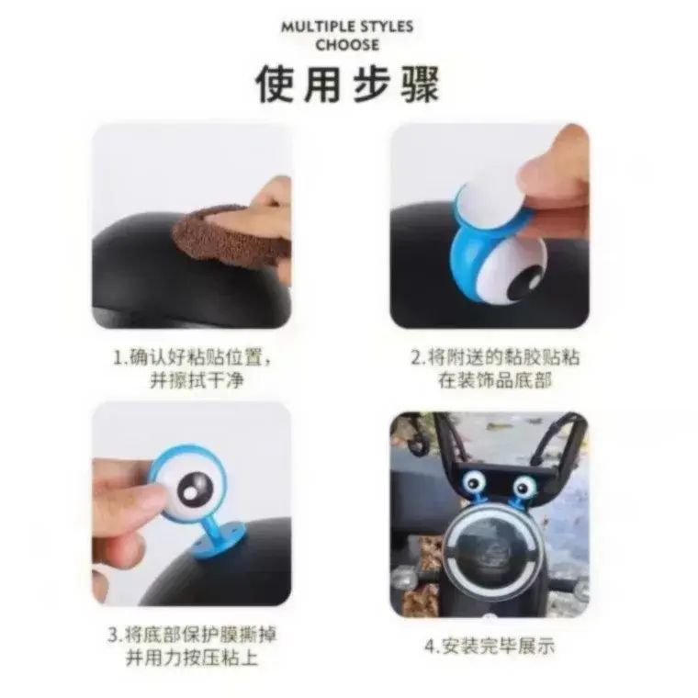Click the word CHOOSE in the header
pyautogui.click(x=348, y=45)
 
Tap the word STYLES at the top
pyautogui.click(x=387, y=27)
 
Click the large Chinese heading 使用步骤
pyautogui.click(x=348, y=84)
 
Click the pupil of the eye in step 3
pyautogui.click(x=194, y=489)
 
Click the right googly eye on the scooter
pyautogui.click(x=524, y=486)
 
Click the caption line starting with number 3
pyautogui.click(x=192, y=635)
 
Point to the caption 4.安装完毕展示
pyautogui.click(x=490, y=646)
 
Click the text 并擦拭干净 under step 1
pyautogui.click(x=197, y=381)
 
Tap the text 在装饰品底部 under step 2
pyautogui.click(x=495, y=381)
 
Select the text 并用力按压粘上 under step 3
pyautogui.click(x=192, y=658)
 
